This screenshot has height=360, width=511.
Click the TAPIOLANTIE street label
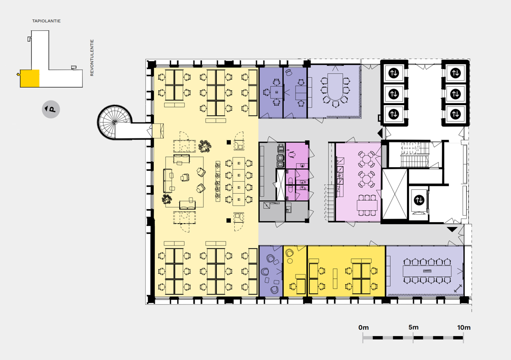[x=46, y=21]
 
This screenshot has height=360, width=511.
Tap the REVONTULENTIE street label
[x=92, y=58]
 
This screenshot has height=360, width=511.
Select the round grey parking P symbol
[x=51, y=109]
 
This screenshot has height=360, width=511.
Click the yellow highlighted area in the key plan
[x=30, y=78]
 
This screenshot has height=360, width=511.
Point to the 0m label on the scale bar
[x=363, y=328]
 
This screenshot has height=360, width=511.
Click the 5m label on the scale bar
[x=413, y=327]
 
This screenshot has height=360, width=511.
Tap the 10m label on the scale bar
[x=464, y=328]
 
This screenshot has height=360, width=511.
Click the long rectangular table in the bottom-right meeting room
[x=427, y=271]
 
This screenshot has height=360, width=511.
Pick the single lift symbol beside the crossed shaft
[x=419, y=200]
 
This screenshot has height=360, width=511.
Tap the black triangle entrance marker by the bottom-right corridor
[x=452, y=230]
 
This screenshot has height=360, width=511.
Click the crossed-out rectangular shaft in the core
[x=395, y=194]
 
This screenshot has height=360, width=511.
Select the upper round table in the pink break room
[x=366, y=159]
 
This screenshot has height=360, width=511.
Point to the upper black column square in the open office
[x=229, y=142]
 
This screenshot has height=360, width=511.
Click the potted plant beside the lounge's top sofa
[x=204, y=145]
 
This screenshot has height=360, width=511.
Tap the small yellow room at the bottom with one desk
[x=295, y=271]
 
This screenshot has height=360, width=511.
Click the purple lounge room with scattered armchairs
[x=271, y=271]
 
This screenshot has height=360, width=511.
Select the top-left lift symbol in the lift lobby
[x=394, y=73]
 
